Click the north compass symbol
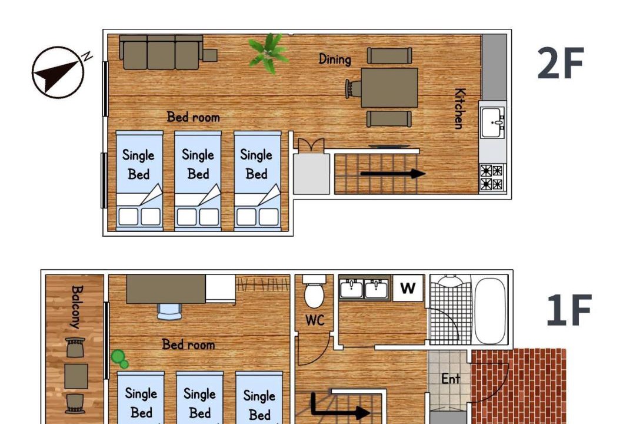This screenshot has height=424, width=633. click(58, 72)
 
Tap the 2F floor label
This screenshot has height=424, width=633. click(560, 63)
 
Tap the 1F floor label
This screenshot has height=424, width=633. click(569, 310)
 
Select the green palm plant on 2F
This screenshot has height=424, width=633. click(268, 53)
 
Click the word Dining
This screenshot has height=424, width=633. click(335, 59)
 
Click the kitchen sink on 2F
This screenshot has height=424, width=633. click(493, 122)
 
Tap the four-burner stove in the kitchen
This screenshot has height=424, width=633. click(492, 177)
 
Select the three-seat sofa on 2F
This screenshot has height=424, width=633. click(161, 52)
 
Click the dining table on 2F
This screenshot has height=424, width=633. click(389, 88)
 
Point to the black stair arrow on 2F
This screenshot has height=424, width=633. click(393, 174)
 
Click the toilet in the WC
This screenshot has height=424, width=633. click(314, 292)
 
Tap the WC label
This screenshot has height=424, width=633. click(315, 320)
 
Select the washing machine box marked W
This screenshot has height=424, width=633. click(408, 288)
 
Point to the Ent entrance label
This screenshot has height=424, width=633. click(451, 379)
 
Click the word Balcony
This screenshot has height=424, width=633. click(77, 307)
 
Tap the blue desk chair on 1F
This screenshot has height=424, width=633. click(169, 312)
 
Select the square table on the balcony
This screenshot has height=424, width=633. click(76, 376)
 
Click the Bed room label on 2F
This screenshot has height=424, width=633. click(194, 117)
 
